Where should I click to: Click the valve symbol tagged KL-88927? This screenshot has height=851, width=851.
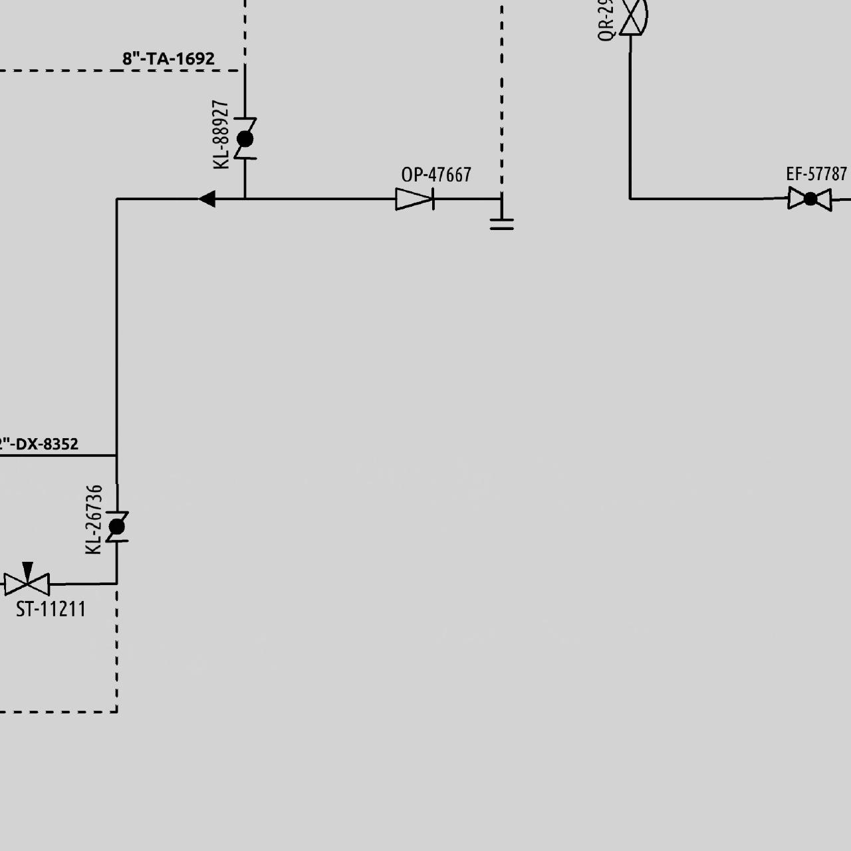245,139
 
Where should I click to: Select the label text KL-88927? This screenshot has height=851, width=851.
221,135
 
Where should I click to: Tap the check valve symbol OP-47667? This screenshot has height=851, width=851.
414,199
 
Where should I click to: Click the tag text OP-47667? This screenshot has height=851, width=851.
436,175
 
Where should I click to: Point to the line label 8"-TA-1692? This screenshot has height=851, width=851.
168,59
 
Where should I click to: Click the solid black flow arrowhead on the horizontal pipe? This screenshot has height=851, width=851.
207,199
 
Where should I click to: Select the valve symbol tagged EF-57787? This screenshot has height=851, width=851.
810,199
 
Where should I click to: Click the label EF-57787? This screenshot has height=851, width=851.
816,174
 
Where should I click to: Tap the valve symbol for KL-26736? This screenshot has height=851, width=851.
117,527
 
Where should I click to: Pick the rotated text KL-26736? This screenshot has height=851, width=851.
94,520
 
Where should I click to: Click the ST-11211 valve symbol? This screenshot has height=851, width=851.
27,584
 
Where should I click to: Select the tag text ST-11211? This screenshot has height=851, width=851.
51,609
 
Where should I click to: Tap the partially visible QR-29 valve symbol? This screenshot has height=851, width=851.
632,15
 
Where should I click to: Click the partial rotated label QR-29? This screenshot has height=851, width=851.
605,20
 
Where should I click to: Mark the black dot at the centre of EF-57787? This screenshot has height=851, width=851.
810,199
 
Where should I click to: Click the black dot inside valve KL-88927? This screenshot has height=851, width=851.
245,139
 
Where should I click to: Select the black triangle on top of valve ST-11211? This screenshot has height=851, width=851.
27,570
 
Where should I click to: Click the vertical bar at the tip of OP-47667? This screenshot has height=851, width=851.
433,199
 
